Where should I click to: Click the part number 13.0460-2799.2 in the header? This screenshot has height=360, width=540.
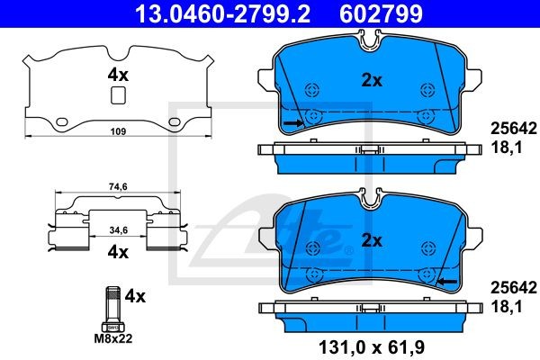222,13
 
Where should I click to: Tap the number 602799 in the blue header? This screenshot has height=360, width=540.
381,13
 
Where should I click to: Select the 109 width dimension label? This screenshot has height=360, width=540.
118,131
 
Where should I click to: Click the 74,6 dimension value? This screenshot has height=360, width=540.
118,186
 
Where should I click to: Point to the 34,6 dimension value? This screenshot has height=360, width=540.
118,229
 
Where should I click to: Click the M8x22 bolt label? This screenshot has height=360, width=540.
113,338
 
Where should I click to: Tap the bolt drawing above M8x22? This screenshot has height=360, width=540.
113,309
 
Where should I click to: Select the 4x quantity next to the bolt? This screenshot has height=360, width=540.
135,296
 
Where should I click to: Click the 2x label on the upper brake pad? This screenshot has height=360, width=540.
372,80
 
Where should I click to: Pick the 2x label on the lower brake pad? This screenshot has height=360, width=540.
372,240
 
